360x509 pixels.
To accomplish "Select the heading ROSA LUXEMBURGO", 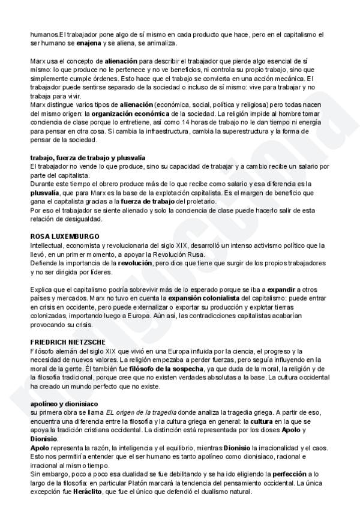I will pos(65,236).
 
